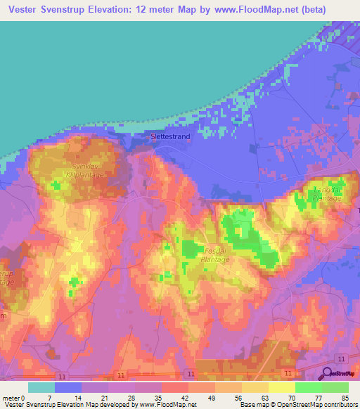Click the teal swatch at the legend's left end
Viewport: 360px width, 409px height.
point(41,387)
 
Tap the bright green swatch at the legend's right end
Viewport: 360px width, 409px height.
point(335,387)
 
